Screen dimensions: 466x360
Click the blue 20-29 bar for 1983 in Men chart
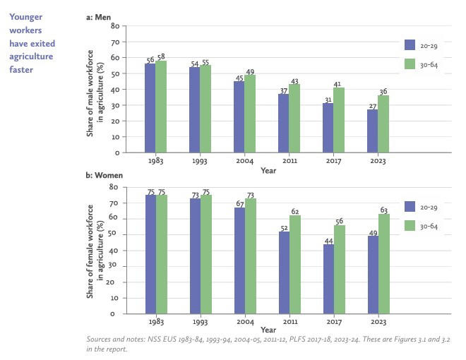coord(150,108)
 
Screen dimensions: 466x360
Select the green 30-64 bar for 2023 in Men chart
coord(383,124)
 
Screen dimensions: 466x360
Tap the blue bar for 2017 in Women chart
coord(329,279)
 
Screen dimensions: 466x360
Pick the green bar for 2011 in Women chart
coord(295,265)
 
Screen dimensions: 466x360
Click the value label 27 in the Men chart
coord(373,107)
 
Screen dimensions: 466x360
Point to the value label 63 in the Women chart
coord(384,210)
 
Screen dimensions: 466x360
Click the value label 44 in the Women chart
coord(329,241)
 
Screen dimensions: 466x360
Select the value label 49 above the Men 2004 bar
coord(250,72)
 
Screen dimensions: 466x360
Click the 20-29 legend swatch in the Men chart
coord(410,45)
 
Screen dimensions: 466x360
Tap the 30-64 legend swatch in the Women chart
coord(410,226)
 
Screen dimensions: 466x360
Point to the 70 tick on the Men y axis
coord(115,42)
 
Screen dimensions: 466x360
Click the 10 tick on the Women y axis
coord(114,298)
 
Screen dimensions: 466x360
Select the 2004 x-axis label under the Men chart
coord(244,161)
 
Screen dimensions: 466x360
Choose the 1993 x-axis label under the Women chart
coord(200,322)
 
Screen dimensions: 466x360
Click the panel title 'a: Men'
coord(98,17)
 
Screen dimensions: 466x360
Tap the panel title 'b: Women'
coord(104,175)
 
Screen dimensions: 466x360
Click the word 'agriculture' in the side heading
coord(31,56)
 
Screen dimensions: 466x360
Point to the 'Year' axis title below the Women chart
coord(268,330)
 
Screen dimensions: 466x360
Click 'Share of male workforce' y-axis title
coord(90,93)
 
